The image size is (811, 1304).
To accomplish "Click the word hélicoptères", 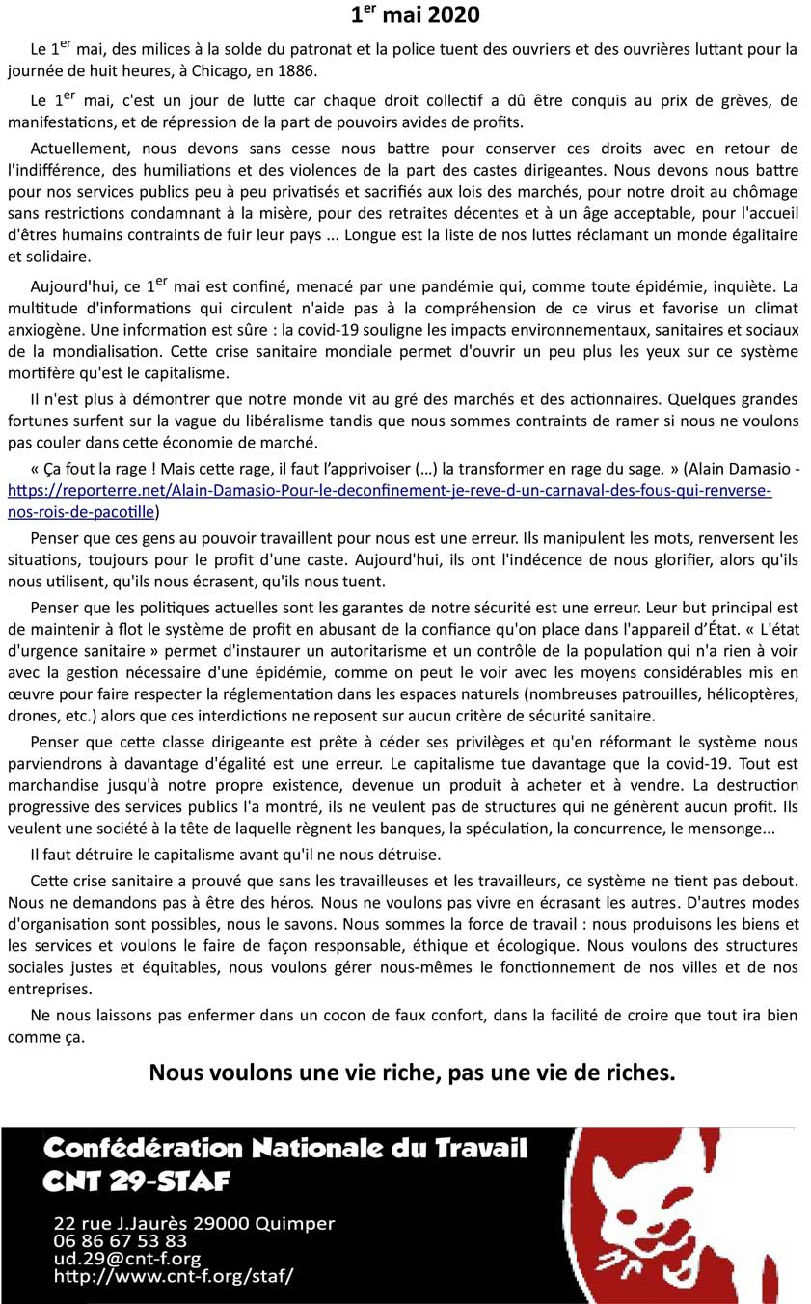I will [741, 694].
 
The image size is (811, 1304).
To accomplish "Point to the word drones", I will [30, 716].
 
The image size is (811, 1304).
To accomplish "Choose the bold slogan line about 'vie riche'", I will [412, 1073].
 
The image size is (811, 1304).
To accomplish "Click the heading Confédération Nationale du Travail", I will [285, 1148].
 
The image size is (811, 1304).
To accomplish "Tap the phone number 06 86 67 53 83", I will [121, 1241].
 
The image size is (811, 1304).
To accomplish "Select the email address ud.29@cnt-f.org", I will [127, 1259].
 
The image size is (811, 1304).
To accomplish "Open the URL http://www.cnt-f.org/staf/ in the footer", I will [174, 1276].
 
